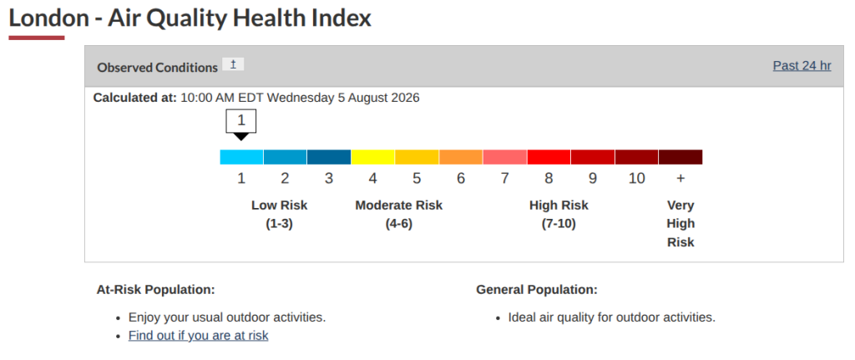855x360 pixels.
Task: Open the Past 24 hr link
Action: point(802,66)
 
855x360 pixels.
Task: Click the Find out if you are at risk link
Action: point(199,336)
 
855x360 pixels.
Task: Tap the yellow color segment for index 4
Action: point(373,157)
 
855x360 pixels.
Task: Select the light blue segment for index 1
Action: point(241,157)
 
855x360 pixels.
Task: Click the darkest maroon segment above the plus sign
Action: point(680,157)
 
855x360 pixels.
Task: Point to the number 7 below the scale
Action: point(505,179)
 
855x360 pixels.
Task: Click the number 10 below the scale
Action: point(636,179)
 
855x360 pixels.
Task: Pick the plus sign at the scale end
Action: point(680,179)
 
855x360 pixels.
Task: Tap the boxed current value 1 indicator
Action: point(241,121)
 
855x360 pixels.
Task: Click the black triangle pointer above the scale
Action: point(241,136)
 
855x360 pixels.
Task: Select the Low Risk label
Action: point(279,205)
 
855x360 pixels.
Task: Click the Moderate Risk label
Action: point(398,205)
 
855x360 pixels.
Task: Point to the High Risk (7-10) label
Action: point(559,215)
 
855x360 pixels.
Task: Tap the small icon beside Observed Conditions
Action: point(234,64)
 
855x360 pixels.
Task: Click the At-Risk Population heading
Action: point(156,290)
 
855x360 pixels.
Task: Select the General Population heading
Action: point(537,290)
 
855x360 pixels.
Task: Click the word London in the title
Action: point(48,18)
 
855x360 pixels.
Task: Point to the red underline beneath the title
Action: point(37,38)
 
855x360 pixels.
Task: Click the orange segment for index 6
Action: point(461,157)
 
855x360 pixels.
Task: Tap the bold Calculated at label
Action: point(135,99)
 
